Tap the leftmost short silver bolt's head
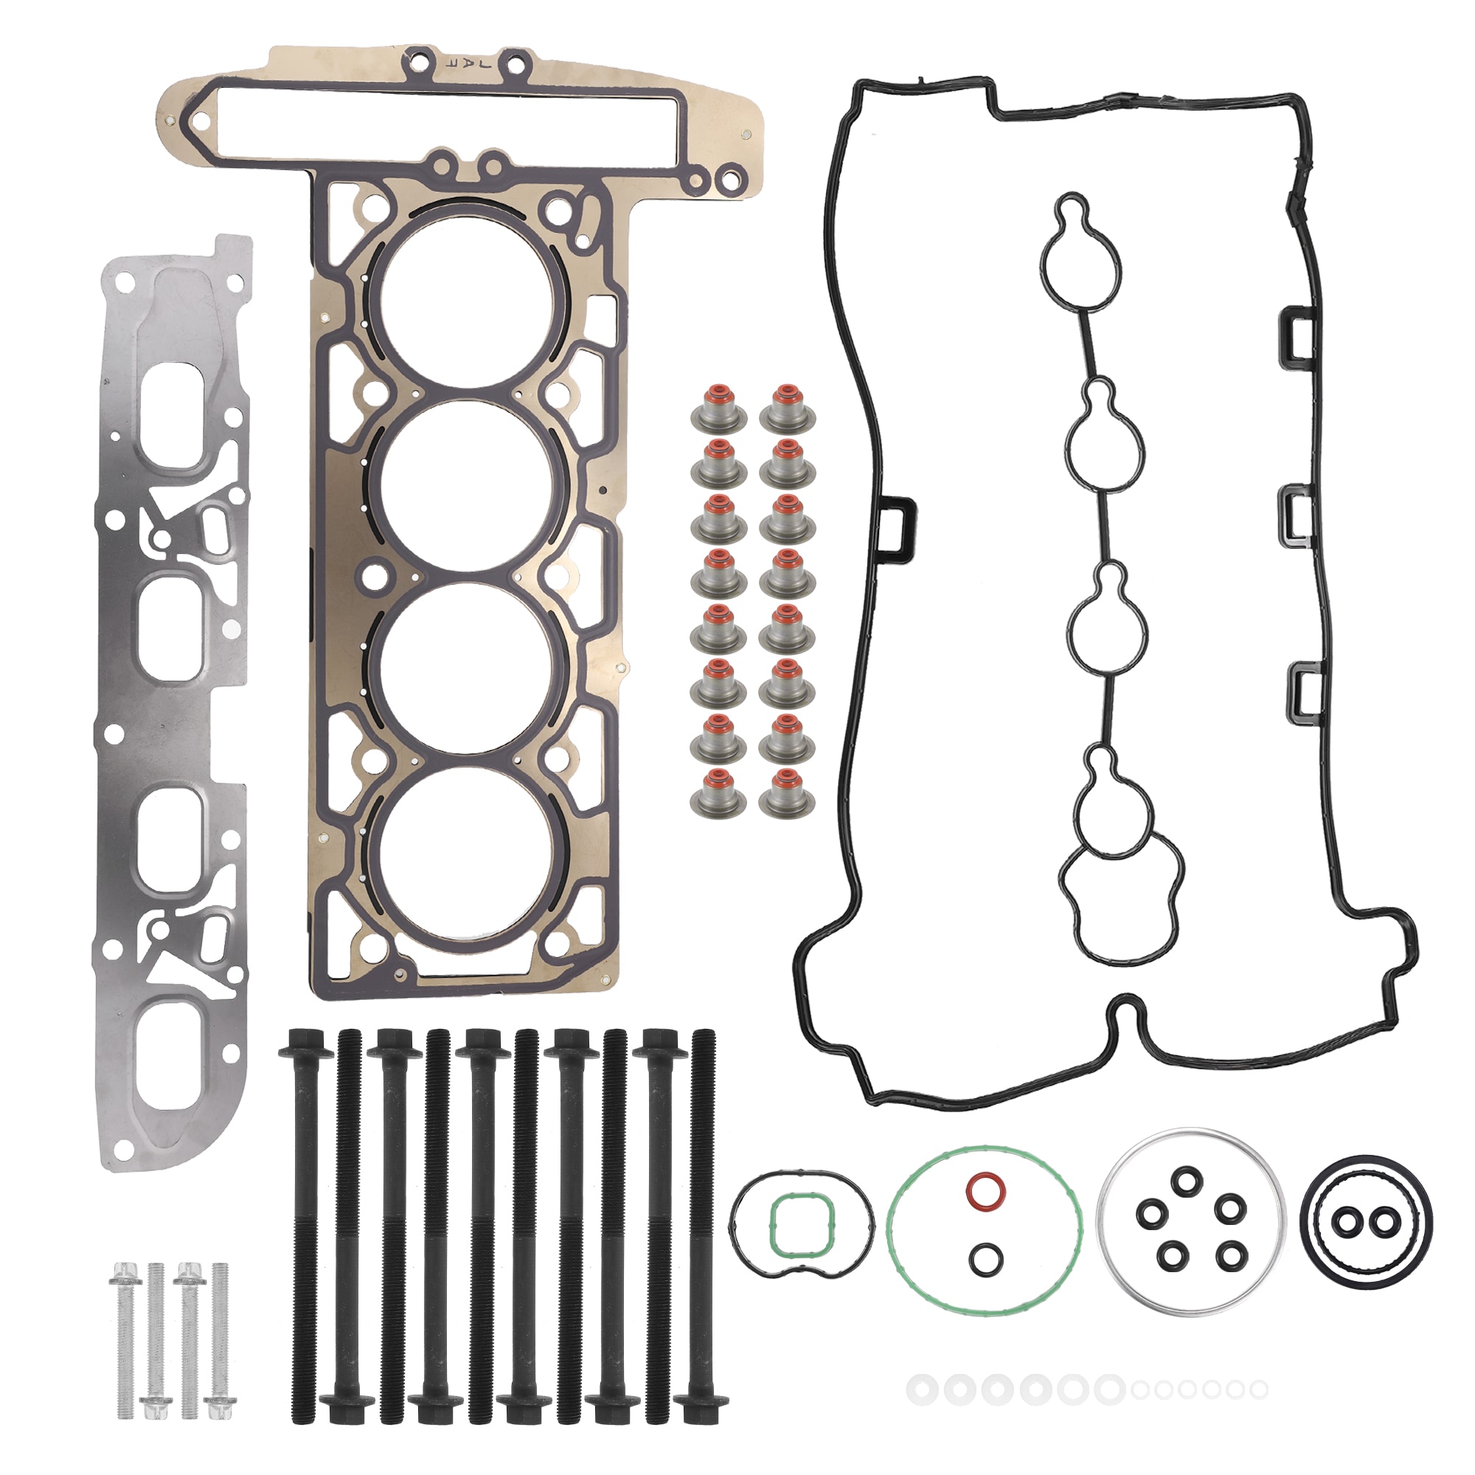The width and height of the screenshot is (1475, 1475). coord(122,1272)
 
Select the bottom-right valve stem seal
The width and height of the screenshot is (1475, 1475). coord(787,794)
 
